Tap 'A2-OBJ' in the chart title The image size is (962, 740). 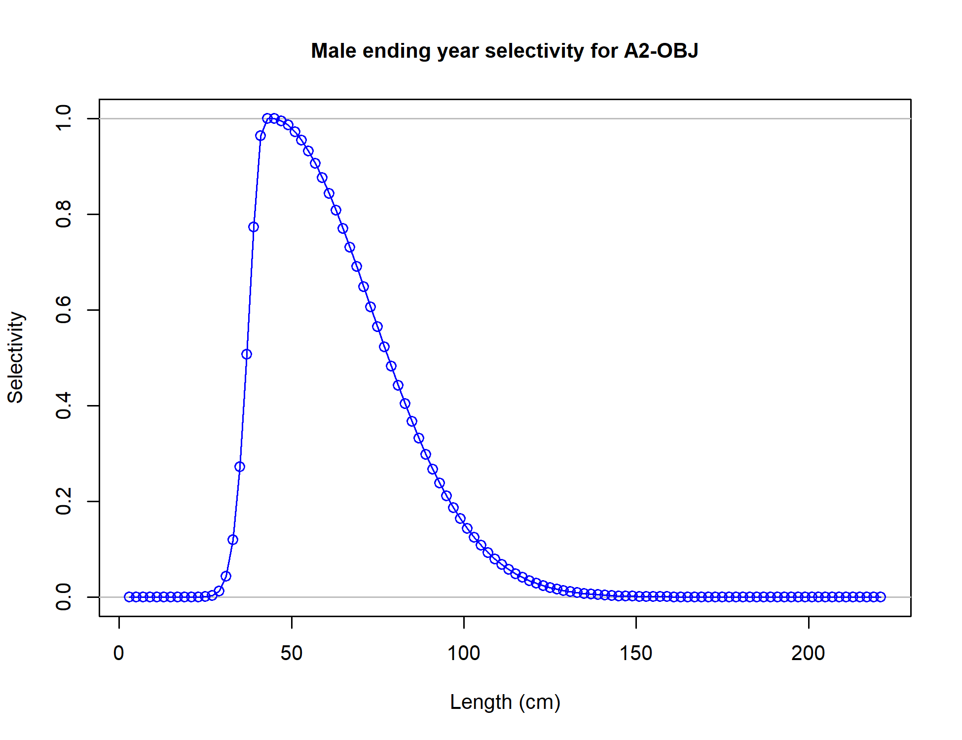pos(661,51)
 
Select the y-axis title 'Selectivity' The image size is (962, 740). pos(16,358)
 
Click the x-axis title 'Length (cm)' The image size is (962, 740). pos(505,702)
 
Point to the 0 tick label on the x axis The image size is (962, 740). pos(119,653)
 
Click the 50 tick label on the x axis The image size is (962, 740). pos(291,653)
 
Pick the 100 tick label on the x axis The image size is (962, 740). pos(464,653)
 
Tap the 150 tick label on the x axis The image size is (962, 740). pos(636,653)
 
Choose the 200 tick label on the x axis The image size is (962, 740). pos(808,653)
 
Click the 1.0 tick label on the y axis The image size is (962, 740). pos(64,118)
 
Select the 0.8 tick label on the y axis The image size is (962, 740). pos(64,214)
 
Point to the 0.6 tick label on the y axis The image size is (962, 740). pos(64,310)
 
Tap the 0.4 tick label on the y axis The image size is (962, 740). pos(64,406)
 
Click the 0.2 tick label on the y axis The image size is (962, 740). pos(64,501)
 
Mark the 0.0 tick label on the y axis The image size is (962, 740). pos(64,597)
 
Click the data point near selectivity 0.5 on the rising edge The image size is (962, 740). pos(247,354)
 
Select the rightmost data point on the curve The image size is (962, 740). pos(881,597)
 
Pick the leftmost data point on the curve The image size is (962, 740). pos(129,597)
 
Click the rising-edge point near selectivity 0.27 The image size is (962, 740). pos(240,467)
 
